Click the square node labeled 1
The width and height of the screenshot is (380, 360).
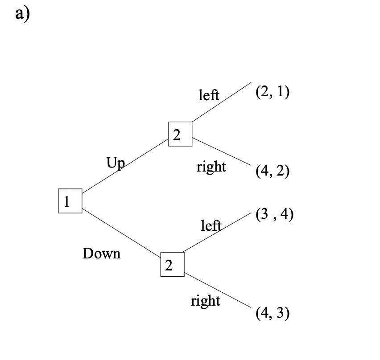(70, 201)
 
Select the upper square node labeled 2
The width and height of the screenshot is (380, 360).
(180, 134)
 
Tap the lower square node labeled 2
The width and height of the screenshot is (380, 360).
(172, 265)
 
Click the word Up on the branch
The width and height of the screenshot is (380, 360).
(115, 162)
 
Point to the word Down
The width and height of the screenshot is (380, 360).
(102, 254)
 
